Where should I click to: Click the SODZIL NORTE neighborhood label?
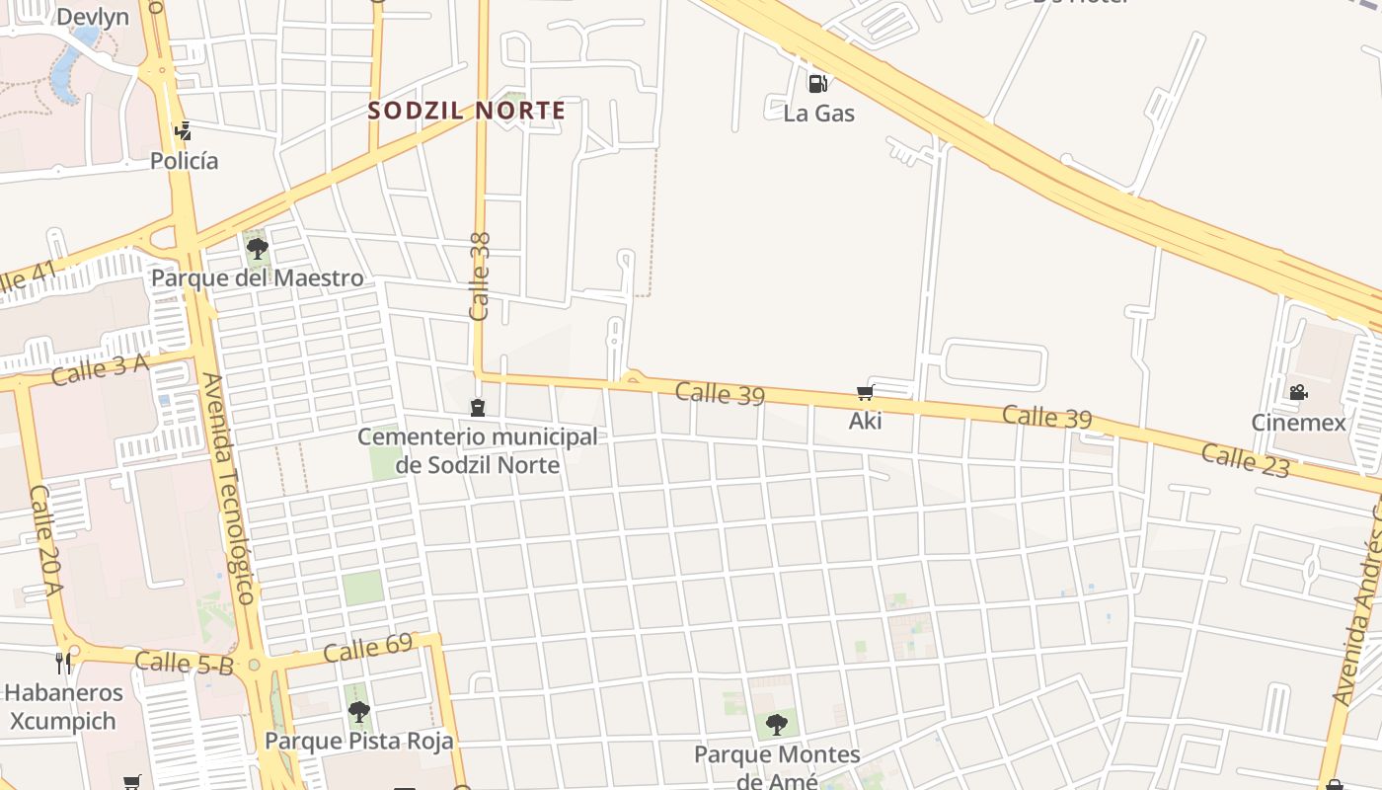coord(467,111)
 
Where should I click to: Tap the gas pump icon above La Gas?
coord(817,83)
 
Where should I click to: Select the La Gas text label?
coord(818,114)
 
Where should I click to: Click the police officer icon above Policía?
coord(183,130)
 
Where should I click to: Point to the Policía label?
coord(185,160)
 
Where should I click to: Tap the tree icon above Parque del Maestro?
coord(258,248)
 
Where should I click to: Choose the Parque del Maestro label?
coord(257,278)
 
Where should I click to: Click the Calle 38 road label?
coord(481,276)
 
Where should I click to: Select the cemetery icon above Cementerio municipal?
coord(478,407)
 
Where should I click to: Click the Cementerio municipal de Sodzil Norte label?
coord(478,450)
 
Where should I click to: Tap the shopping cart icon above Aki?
coord(866,393)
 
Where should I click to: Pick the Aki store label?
coord(866,422)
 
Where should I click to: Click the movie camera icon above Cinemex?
coord(1298,393)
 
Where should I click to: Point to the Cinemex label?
coord(1298,423)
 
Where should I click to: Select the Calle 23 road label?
coord(1245,460)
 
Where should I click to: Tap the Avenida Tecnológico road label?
coord(233,488)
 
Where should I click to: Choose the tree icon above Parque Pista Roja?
coord(358,711)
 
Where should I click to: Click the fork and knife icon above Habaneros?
coord(63,662)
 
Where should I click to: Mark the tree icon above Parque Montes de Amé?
coord(777,724)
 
